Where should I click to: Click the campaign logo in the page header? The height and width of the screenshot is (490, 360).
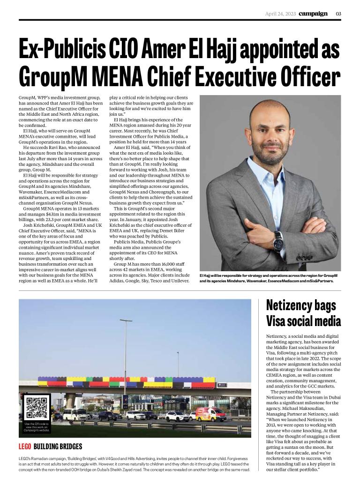[x=313, y=13]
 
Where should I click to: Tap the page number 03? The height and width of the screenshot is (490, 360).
[x=338, y=13]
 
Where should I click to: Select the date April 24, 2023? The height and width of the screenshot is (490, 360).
[x=280, y=13]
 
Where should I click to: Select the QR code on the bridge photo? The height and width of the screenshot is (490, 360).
[x=37, y=408]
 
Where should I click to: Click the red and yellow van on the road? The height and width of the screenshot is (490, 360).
[x=210, y=415]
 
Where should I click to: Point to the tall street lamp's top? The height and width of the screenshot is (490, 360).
[x=125, y=320]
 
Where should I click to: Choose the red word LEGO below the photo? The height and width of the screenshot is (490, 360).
[x=24, y=446]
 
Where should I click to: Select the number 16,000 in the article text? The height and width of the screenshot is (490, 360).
[x=157, y=265]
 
